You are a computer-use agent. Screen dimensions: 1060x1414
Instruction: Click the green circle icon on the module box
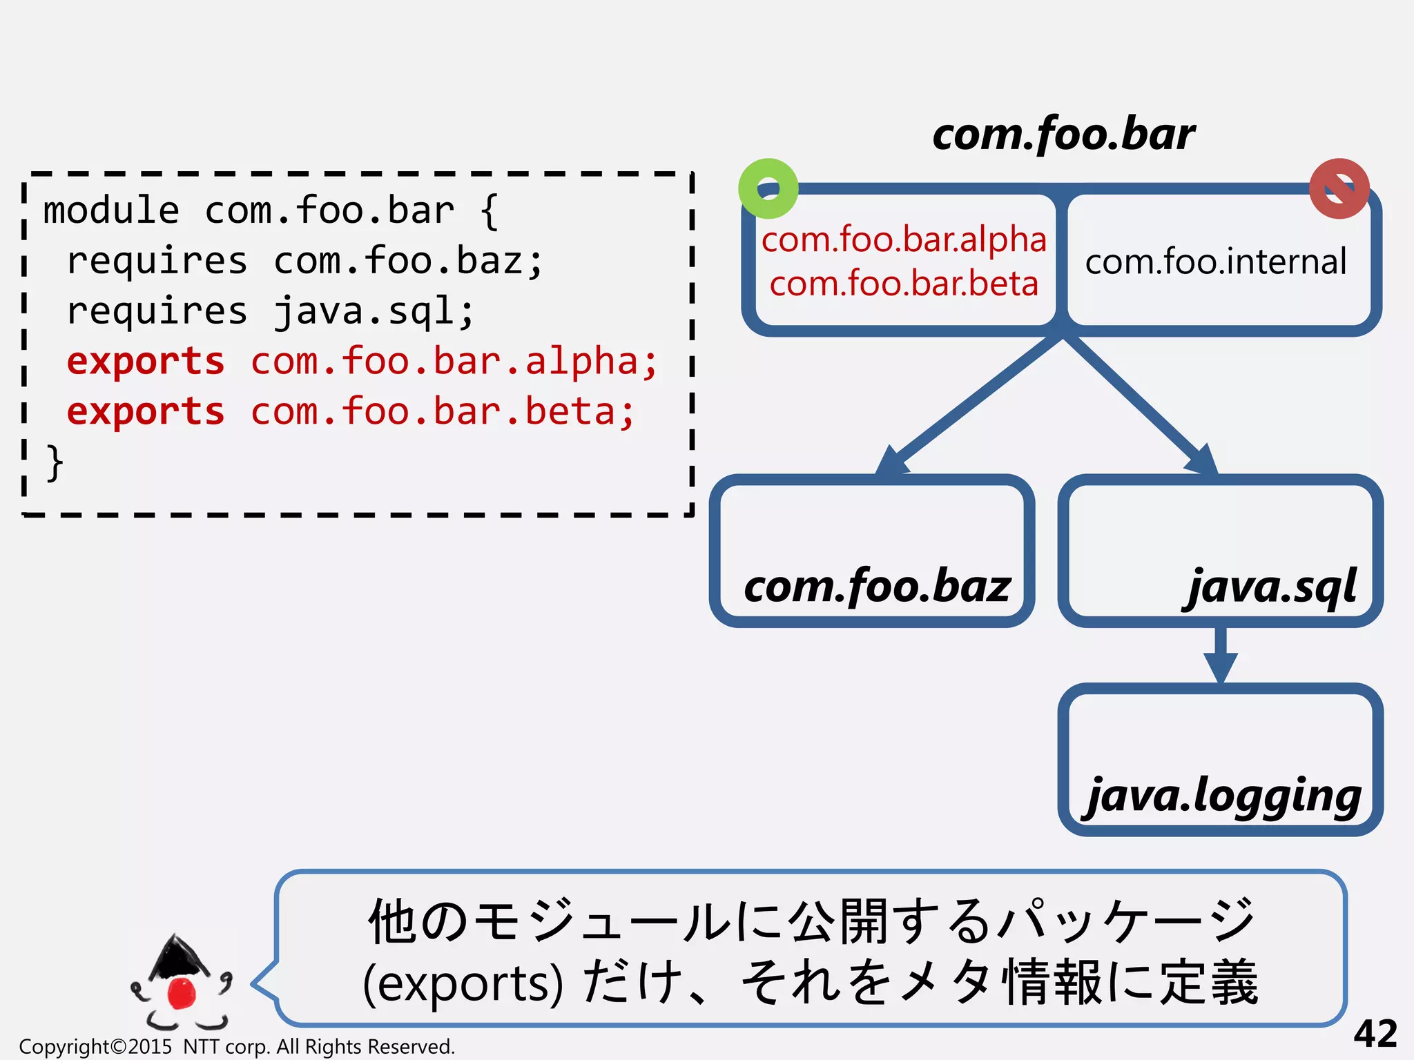point(768,188)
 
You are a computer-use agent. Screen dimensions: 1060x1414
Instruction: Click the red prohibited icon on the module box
point(1339,188)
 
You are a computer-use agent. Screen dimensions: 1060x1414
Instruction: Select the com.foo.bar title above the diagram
point(1063,134)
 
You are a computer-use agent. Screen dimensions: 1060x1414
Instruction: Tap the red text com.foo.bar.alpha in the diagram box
point(904,240)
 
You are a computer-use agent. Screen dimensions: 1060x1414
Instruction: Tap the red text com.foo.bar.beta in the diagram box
point(904,284)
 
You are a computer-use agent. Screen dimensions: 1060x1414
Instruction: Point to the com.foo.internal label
point(1216,262)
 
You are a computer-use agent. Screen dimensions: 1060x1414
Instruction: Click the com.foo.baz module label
point(877,587)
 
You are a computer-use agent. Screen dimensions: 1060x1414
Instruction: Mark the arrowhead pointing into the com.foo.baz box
point(892,461)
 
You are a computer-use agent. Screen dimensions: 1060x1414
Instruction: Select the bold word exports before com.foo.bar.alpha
point(146,362)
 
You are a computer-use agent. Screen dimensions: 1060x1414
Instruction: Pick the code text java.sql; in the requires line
point(374,311)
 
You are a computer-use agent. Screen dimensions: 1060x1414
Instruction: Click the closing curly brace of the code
point(55,462)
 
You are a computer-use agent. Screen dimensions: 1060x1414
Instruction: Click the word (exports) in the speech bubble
point(462,983)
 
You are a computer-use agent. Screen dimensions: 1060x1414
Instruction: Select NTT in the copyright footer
point(201,1047)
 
